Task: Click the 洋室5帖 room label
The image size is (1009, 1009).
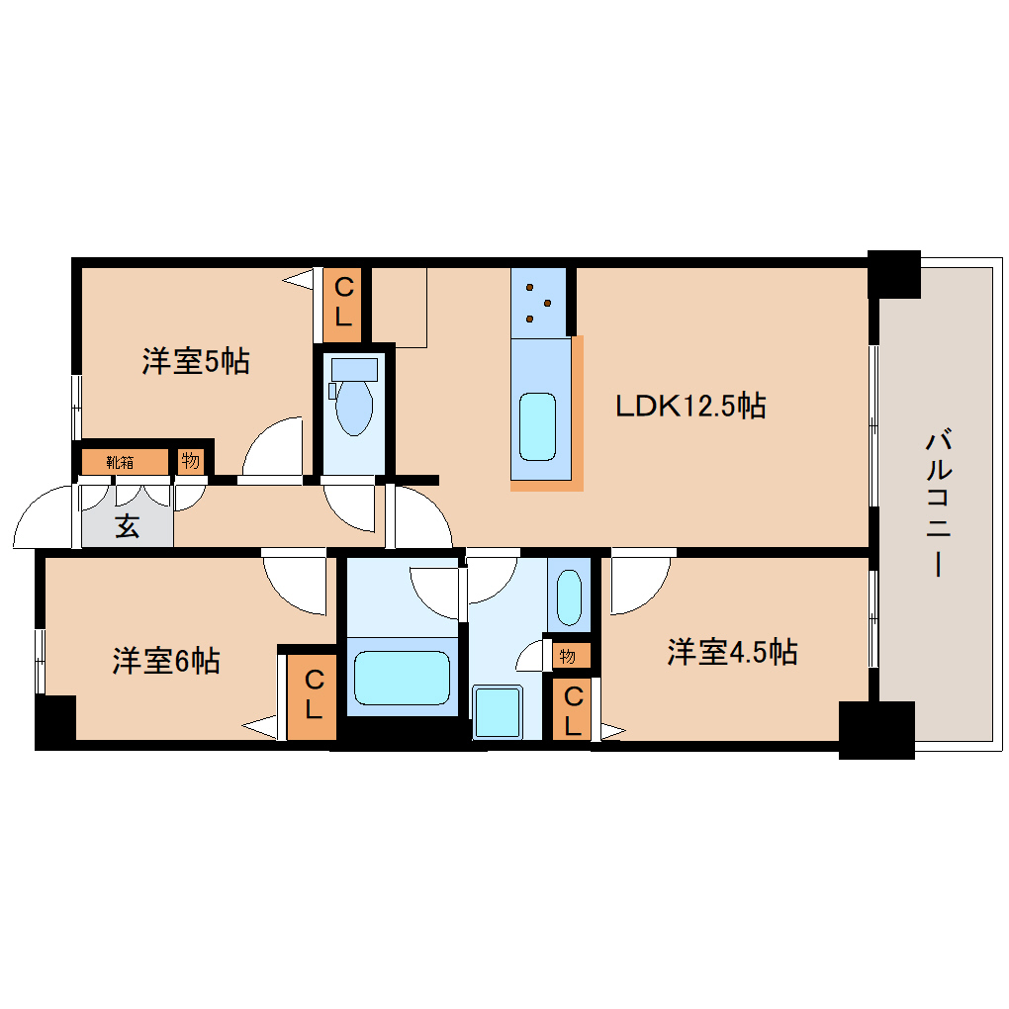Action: click(x=195, y=362)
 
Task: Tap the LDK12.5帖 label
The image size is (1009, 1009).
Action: click(x=689, y=405)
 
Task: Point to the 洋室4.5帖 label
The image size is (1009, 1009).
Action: click(x=732, y=652)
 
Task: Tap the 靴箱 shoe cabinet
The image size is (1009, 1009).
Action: click(x=123, y=461)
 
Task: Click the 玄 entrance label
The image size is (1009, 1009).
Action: click(x=127, y=525)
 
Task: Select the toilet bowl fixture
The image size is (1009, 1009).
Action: click(x=353, y=406)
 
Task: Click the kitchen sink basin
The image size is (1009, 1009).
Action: click(x=538, y=425)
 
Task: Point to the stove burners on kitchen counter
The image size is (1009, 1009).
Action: click(x=538, y=301)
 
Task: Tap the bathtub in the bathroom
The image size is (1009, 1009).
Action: click(x=402, y=680)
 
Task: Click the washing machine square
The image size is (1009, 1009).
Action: click(x=498, y=711)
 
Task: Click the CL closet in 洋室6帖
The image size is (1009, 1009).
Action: click(x=313, y=693)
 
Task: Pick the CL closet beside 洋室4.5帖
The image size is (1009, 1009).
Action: click(x=573, y=709)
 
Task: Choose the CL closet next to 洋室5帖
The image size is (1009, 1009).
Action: click(x=343, y=303)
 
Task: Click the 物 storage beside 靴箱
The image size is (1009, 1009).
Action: click(x=190, y=461)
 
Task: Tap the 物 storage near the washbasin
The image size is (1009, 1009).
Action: click(x=568, y=655)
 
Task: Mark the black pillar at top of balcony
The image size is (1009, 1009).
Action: click(x=894, y=274)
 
